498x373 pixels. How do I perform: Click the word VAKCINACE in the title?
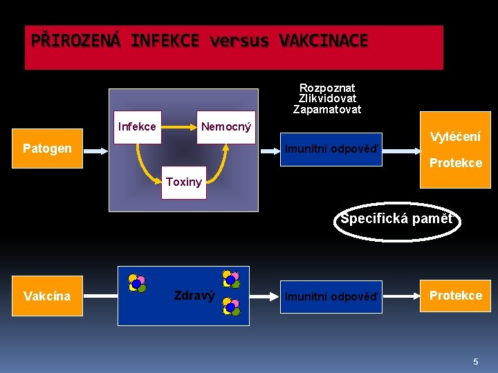(323, 41)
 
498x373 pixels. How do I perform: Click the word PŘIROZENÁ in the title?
(75, 41)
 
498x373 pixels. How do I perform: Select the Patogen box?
(47, 149)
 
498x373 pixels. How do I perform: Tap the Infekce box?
(138, 127)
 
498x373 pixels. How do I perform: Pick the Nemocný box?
(225, 127)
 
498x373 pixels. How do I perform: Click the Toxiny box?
(184, 182)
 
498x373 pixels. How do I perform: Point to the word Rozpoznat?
(327, 88)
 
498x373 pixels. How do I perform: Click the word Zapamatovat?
(327, 109)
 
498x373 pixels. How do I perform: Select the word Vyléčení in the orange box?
(455, 136)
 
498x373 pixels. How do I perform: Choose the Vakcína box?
(47, 296)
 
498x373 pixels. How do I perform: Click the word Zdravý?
(194, 296)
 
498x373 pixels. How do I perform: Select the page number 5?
(475, 361)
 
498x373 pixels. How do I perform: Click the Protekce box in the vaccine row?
(455, 296)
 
